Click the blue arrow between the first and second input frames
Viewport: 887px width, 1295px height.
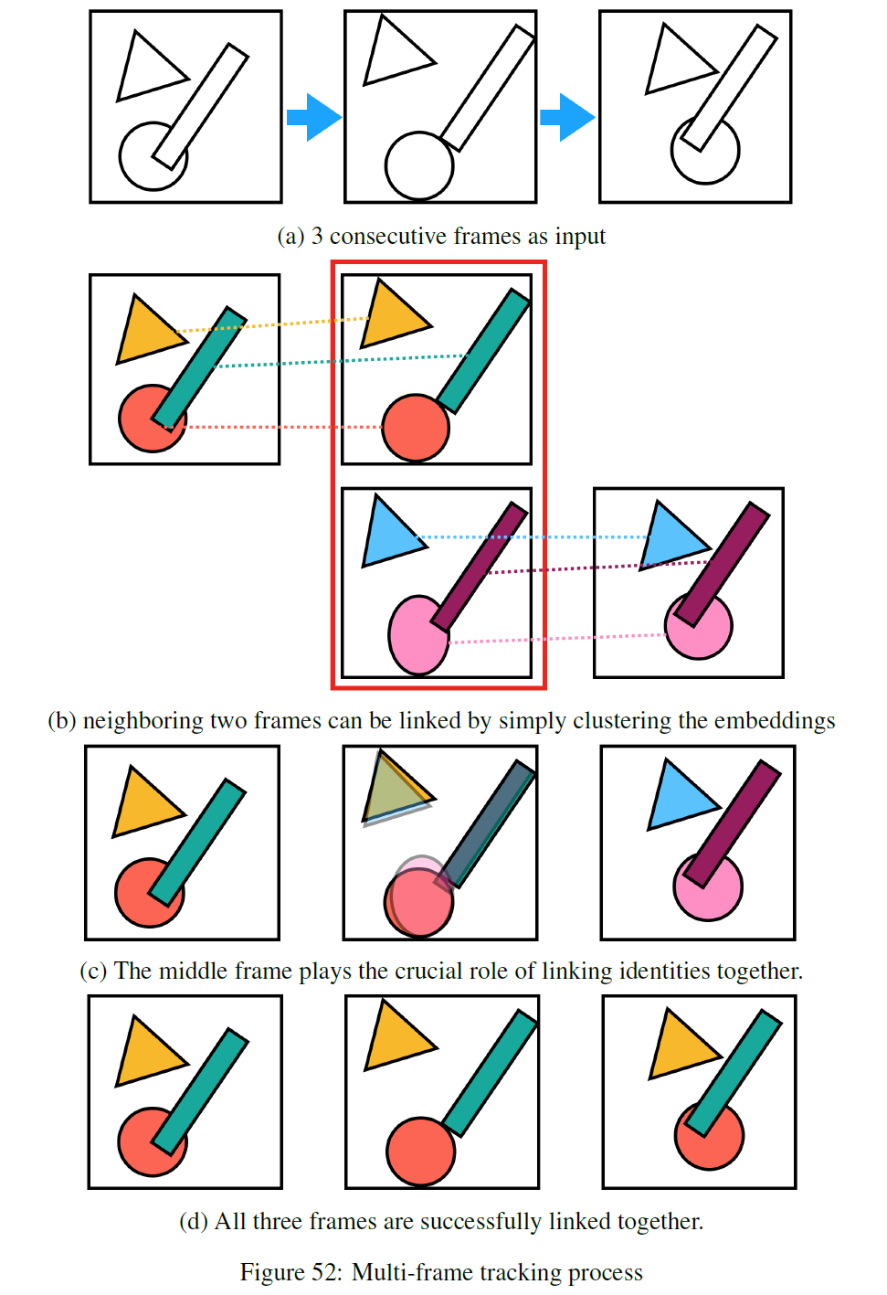tap(313, 117)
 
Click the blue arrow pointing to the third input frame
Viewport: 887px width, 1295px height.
tap(567, 117)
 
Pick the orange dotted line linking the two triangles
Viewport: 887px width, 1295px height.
tap(274, 324)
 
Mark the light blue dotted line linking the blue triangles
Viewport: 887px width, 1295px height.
tap(548, 537)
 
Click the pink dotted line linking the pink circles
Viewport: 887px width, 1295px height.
tap(557, 639)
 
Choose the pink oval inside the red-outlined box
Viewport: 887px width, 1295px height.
tap(416, 636)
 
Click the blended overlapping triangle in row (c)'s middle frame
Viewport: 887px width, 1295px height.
tap(391, 791)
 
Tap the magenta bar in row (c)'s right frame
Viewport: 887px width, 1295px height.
tap(732, 823)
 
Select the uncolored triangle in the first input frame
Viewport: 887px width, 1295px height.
tap(146, 69)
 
